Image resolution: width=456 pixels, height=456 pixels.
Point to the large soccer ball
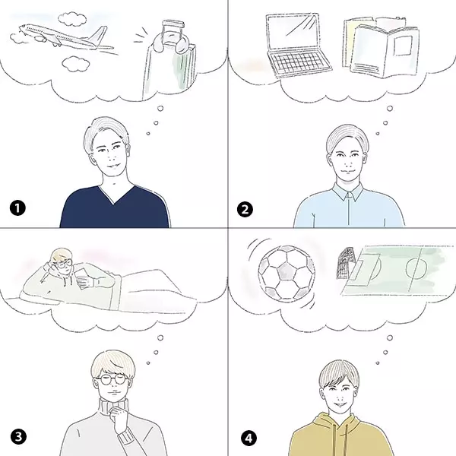(x=287, y=273)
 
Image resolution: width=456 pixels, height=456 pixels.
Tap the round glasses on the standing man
(x=112, y=382)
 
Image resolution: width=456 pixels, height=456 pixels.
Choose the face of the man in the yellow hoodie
(x=340, y=389)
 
